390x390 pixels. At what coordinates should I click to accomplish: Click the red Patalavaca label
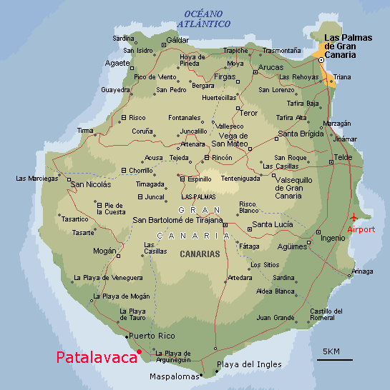pos(96,358)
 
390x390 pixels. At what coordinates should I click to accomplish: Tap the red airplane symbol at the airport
pos(354,217)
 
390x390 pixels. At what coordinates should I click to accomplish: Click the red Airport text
pos(361,229)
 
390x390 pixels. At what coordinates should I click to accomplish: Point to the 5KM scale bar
pos(334,359)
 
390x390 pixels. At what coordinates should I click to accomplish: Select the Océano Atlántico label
pos(207,19)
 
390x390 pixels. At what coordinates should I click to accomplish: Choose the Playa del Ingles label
pos(249,364)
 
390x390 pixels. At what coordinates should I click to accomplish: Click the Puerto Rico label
pos(152,336)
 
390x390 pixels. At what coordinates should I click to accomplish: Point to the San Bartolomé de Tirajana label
pos(177,219)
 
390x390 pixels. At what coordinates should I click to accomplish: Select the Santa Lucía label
pos(273,224)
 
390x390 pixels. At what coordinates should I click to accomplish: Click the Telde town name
pos(343,157)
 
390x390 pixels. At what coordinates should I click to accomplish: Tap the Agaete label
pos(117,63)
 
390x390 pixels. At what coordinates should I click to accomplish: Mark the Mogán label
pos(104,251)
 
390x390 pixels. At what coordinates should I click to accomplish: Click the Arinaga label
pos(362,271)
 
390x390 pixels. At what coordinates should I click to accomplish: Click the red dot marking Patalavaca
pos(140,351)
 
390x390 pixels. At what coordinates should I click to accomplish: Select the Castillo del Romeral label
pos(327,314)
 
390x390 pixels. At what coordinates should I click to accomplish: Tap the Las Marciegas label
pos(36,179)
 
